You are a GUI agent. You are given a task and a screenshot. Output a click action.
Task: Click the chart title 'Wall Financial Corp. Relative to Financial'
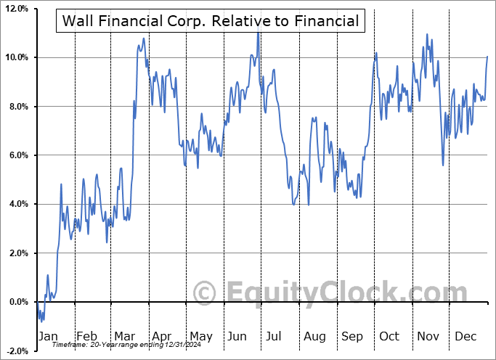[x=211, y=21]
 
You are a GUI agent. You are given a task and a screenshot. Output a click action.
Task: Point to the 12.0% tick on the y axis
[x=16, y=9]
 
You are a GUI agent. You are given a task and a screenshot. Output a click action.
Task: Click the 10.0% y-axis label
[x=16, y=57]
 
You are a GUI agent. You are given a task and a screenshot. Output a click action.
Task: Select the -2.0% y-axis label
[x=17, y=351]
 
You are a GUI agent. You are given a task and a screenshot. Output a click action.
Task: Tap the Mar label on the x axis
[x=125, y=336]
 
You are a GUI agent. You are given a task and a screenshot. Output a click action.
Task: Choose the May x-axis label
[x=200, y=336]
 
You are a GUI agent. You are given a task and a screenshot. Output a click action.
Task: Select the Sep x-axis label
[x=352, y=336]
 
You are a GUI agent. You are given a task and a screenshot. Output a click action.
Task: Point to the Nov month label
[x=428, y=336]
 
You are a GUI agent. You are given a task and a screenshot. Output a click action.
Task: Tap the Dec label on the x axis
[x=465, y=336]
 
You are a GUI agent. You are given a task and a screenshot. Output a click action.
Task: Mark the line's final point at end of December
[x=487, y=57]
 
